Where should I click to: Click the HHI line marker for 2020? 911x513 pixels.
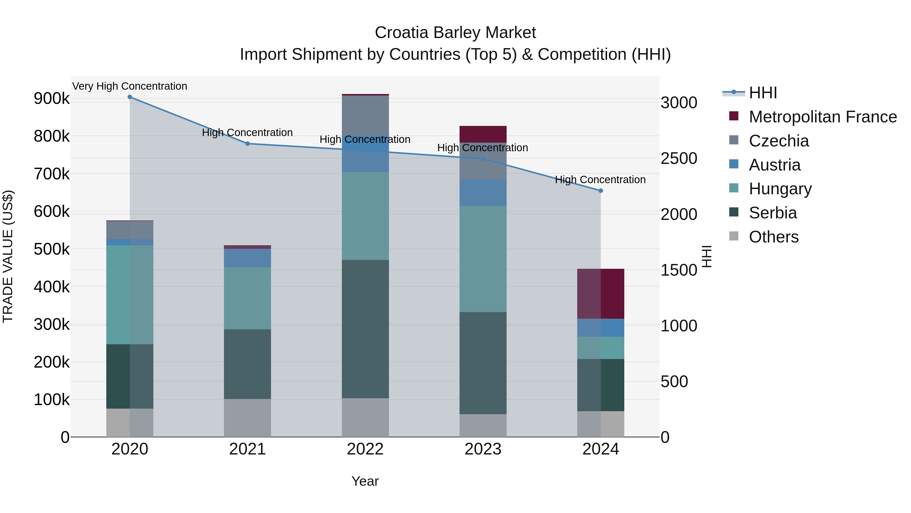(x=130, y=97)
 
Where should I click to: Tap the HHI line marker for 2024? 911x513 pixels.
(x=601, y=191)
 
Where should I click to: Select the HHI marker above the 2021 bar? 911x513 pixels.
(x=247, y=144)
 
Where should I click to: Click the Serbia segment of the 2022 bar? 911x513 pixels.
(x=365, y=329)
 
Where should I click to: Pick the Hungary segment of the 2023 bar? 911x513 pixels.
(x=483, y=259)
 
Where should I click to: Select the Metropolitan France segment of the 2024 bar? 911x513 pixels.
(x=601, y=294)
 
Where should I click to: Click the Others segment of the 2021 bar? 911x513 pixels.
(x=247, y=418)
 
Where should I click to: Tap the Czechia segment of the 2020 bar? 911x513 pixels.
(x=130, y=230)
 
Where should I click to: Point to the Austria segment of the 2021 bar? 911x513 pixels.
(x=247, y=258)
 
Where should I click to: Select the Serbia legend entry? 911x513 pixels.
(x=773, y=213)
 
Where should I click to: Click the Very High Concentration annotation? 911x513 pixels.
(x=130, y=86)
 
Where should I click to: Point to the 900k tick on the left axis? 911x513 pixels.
(x=52, y=99)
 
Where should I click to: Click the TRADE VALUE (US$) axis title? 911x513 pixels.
(x=8, y=256)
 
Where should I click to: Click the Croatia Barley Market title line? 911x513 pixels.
(x=455, y=33)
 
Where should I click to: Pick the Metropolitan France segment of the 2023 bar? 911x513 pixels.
(x=483, y=134)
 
